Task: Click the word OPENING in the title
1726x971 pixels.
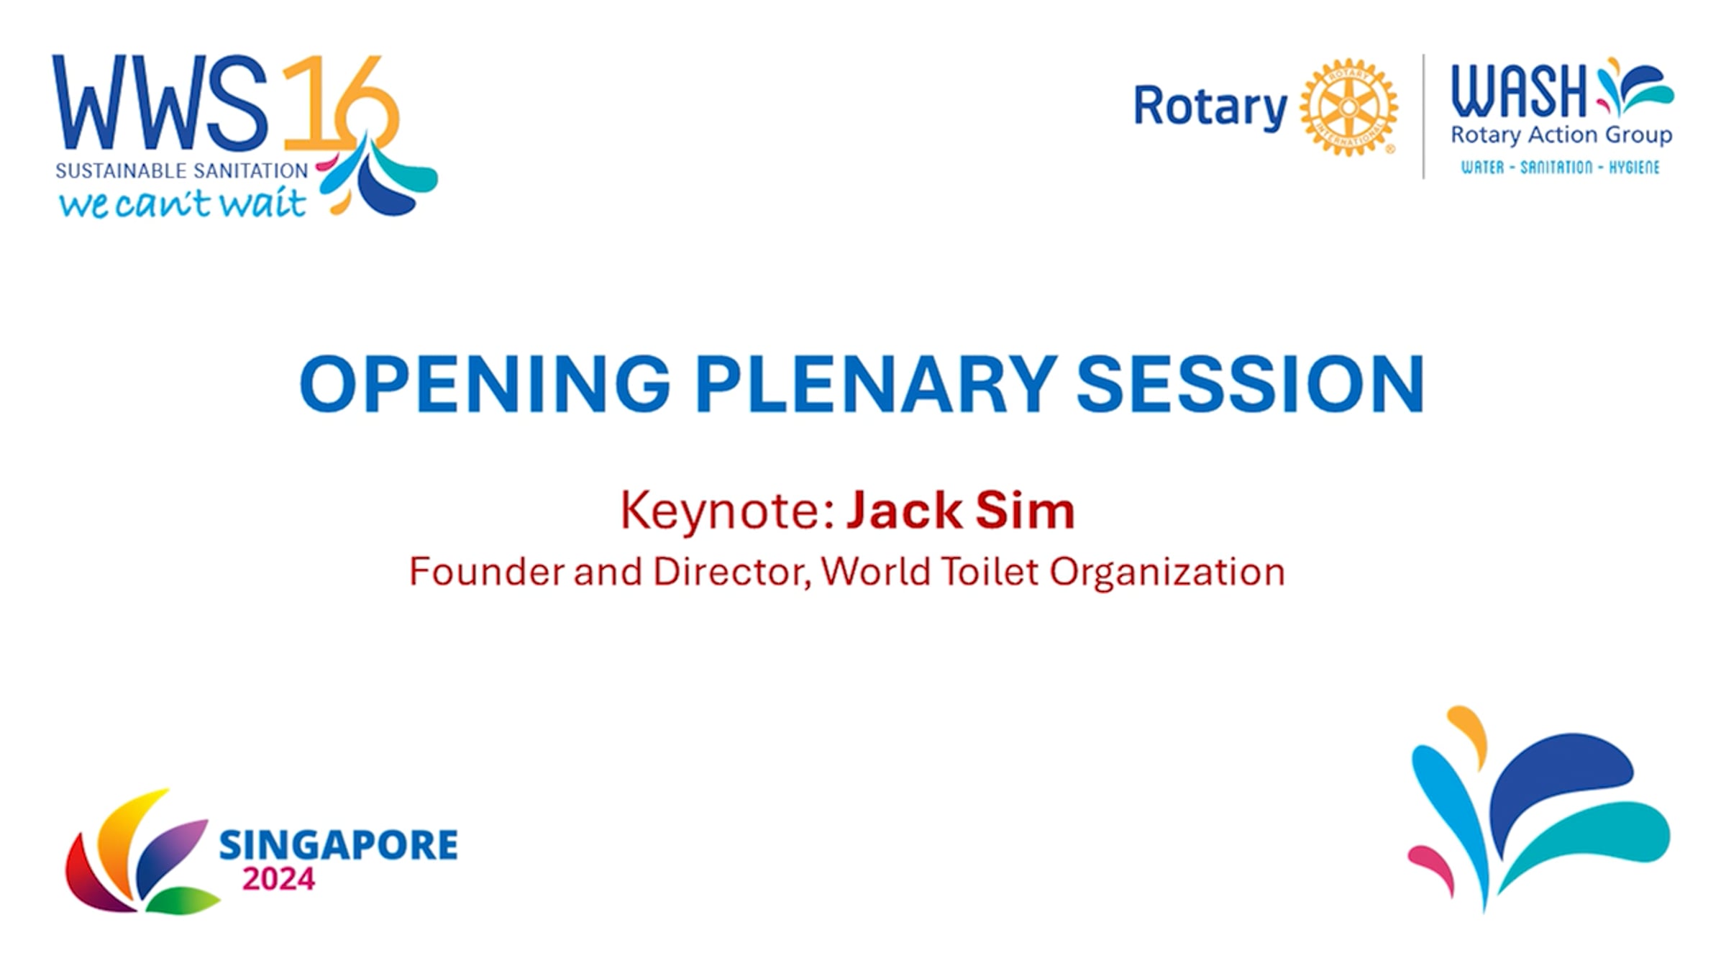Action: [x=485, y=383]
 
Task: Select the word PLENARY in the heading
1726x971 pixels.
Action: [x=876, y=383]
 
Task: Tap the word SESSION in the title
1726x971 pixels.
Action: [x=1251, y=383]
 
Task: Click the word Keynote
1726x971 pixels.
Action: [x=727, y=511]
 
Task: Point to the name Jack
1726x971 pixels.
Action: [x=905, y=510]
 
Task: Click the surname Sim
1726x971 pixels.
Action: [x=1025, y=510]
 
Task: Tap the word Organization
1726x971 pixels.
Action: [x=1166, y=573]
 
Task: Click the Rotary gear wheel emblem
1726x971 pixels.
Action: [x=1348, y=108]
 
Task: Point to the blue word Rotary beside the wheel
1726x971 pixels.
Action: [x=1210, y=108]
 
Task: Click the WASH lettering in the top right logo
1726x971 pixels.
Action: [x=1519, y=91]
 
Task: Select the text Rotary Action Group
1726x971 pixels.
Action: [x=1561, y=135]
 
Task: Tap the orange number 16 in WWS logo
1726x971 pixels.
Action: [x=338, y=104]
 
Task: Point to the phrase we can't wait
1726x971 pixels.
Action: [x=183, y=204]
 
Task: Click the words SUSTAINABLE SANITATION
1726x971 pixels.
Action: [x=182, y=171]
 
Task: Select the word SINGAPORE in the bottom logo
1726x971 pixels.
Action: [x=338, y=844]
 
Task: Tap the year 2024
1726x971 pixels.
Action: [x=279, y=880]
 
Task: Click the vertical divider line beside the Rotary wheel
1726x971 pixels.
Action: [x=1424, y=116]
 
